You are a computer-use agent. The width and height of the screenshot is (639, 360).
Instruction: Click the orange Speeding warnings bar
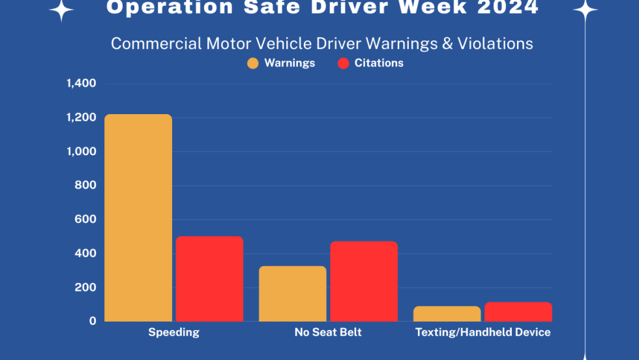pyautogui.click(x=138, y=218)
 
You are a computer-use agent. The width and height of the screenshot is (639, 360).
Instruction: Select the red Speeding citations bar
pyautogui.click(x=209, y=278)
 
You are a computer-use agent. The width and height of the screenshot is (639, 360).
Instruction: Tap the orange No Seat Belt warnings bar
pyautogui.click(x=293, y=293)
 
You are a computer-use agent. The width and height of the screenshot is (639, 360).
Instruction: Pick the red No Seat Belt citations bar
pyautogui.click(x=364, y=281)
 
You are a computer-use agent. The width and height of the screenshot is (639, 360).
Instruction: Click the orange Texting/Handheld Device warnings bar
pyautogui.click(x=447, y=314)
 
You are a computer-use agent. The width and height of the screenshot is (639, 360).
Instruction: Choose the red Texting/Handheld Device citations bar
pyautogui.click(x=518, y=312)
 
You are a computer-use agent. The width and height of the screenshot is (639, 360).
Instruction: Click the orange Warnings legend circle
pyautogui.click(x=253, y=63)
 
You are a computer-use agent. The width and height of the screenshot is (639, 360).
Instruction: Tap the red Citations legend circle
pyautogui.click(x=344, y=63)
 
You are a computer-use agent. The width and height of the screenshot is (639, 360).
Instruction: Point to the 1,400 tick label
pyautogui.click(x=81, y=83)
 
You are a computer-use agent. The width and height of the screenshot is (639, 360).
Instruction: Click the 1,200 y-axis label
pyautogui.click(x=81, y=117)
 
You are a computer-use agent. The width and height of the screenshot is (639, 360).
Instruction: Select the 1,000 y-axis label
pyautogui.click(x=81, y=151)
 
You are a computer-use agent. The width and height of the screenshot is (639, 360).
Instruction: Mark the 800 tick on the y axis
pyautogui.click(x=85, y=185)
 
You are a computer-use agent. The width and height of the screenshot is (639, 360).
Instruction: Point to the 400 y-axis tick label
pyautogui.click(x=85, y=253)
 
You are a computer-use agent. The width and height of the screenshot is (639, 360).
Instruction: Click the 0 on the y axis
pyautogui.click(x=93, y=321)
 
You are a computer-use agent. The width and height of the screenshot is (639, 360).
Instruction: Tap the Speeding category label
pyautogui.click(x=173, y=333)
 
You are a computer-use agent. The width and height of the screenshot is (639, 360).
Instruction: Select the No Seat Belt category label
pyautogui.click(x=328, y=333)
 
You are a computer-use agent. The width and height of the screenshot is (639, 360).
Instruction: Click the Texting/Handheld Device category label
pyautogui.click(x=483, y=333)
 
